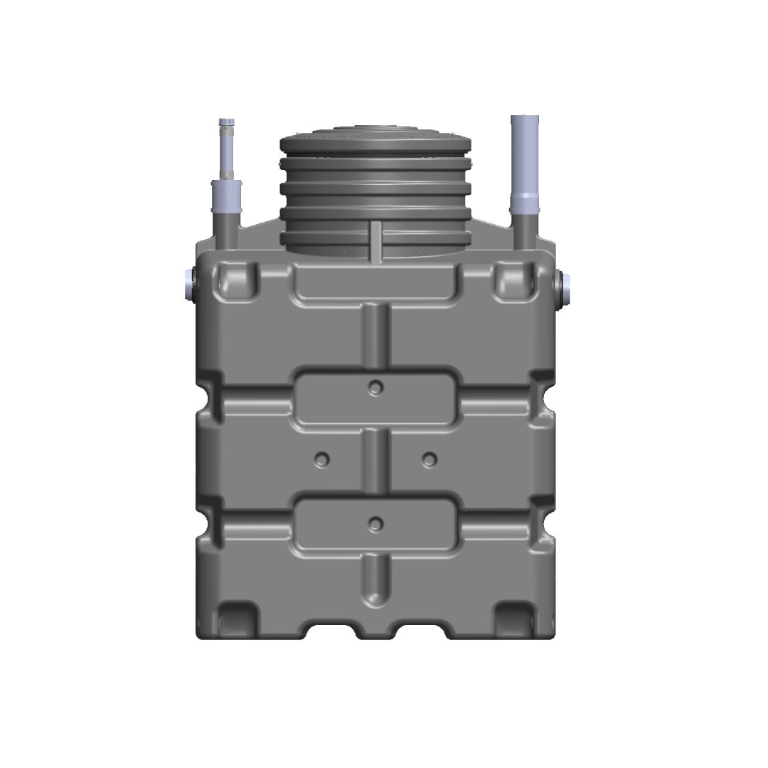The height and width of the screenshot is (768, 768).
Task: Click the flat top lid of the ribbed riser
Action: (x=375, y=136)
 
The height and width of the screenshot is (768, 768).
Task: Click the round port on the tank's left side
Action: (x=189, y=284)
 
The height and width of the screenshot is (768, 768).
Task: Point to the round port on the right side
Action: (x=567, y=286)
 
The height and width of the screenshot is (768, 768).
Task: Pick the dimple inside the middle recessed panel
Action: (x=375, y=388)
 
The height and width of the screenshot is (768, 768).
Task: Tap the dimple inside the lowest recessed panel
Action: (x=375, y=524)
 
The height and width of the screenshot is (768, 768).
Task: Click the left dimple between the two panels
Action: (x=323, y=459)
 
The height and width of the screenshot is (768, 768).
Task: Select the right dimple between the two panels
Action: (x=427, y=459)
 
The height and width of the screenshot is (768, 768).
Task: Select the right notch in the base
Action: (x=425, y=631)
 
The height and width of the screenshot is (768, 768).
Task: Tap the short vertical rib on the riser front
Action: (x=375, y=242)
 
